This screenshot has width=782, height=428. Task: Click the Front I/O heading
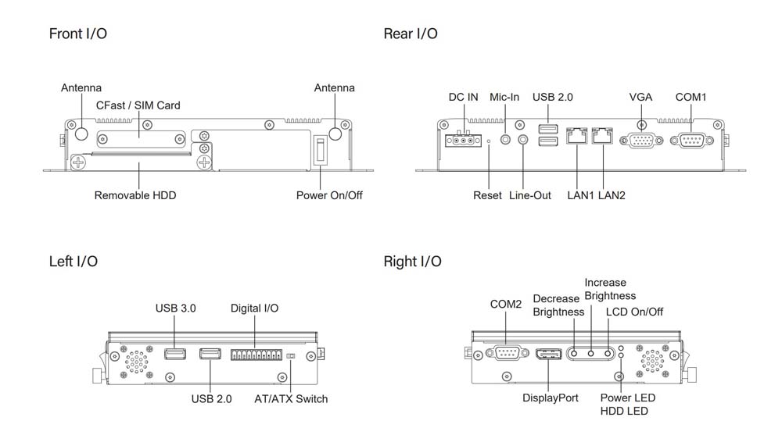77,34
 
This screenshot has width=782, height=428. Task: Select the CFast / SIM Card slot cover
142,137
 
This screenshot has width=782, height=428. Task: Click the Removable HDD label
135,195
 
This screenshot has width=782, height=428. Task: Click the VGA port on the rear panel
640,141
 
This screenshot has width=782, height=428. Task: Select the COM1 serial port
691,141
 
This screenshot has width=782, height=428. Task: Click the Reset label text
487,195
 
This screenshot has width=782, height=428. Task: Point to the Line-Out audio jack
523,140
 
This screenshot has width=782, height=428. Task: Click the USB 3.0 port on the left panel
175,355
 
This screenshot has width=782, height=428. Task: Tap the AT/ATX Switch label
291,399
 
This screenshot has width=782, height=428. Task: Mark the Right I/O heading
412,261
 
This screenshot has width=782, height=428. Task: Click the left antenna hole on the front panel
81,134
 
